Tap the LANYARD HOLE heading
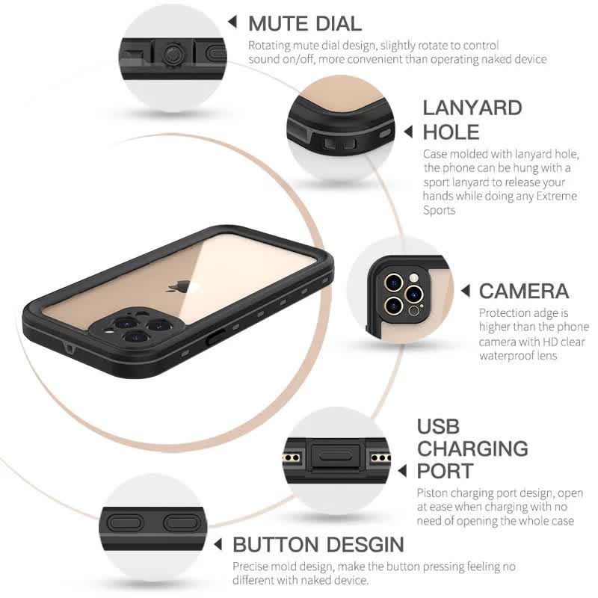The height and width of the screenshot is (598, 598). tap(472, 120)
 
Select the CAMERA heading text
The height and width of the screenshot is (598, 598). tap(523, 291)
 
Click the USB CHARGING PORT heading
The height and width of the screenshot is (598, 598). tap(472, 449)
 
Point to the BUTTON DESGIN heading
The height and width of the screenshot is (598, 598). tap(318, 543)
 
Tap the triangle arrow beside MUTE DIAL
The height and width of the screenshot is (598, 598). tap(232, 22)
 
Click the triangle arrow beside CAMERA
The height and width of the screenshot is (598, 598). tap(464, 291)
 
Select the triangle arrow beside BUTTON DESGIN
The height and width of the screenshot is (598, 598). tap(218, 544)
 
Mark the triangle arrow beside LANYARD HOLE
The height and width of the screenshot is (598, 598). tap(408, 132)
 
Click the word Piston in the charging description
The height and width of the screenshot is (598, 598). tap(431, 493)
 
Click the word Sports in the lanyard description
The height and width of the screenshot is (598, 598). tap(439, 210)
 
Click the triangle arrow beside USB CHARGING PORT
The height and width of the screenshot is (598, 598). tap(402, 471)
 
